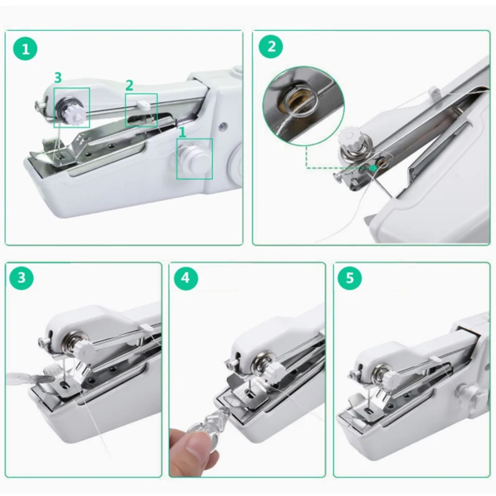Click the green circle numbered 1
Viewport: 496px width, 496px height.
point(25,49)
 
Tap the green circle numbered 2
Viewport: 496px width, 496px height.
point(271,46)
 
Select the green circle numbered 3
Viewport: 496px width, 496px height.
point(21,278)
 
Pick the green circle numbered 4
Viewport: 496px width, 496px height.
point(185,278)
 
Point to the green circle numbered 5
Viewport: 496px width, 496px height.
point(350,278)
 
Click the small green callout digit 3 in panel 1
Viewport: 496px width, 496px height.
point(58,77)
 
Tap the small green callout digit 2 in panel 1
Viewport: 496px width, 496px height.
point(130,86)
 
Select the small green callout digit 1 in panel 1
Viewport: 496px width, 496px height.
point(182,133)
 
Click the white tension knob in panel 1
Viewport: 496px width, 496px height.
point(74,115)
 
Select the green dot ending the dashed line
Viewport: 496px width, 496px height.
point(374,168)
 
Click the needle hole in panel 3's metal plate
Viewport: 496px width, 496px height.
point(65,385)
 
